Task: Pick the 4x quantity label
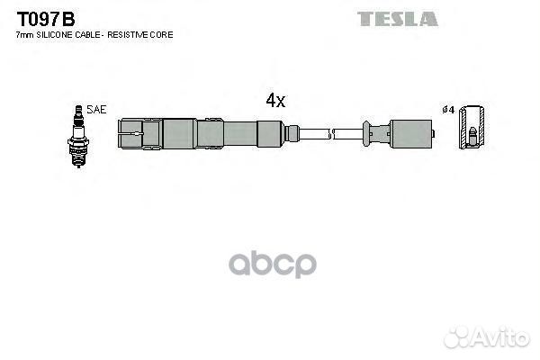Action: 274,102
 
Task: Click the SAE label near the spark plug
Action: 97,109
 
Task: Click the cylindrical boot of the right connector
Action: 409,133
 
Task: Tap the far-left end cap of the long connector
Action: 128,134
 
